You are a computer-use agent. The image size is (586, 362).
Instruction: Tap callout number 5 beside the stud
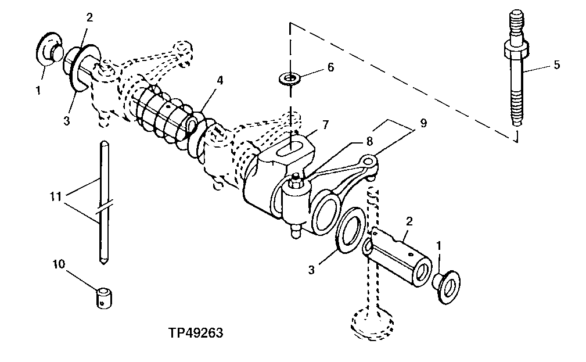pyautogui.click(x=556, y=64)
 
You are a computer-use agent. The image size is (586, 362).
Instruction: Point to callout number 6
pyautogui.click(x=330, y=67)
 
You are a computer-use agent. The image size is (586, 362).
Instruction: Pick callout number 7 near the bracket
pyautogui.click(x=326, y=125)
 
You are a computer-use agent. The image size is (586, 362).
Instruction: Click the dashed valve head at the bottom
pyautogui.click(x=372, y=322)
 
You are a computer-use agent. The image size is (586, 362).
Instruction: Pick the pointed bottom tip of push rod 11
pyautogui.click(x=102, y=263)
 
